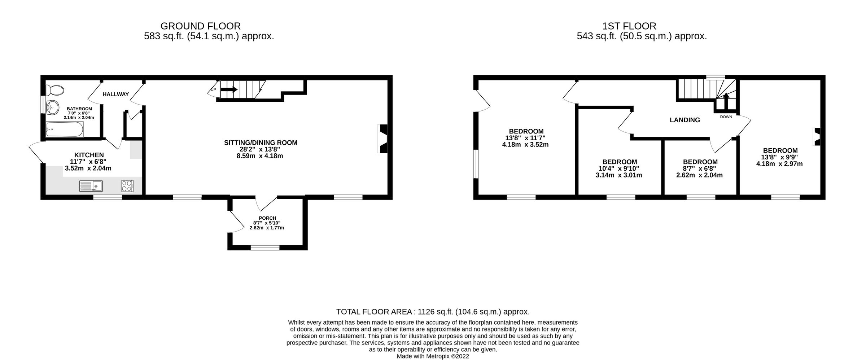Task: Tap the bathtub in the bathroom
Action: (65, 129)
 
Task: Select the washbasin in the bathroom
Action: (53, 107)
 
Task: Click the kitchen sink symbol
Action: (91, 186)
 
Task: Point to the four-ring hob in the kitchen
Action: (127, 186)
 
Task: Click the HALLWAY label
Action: (115, 95)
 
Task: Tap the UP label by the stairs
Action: (213, 89)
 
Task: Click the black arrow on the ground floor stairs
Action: (230, 89)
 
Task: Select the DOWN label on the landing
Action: (726, 117)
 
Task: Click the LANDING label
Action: (685, 120)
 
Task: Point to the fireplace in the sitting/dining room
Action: (383, 139)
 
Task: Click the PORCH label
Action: (267, 218)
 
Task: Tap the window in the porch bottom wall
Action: (265, 247)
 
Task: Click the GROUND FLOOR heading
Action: (200, 26)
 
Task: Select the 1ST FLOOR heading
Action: (629, 26)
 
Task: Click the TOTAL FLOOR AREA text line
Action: (433, 312)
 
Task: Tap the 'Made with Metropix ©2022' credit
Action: (433, 356)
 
